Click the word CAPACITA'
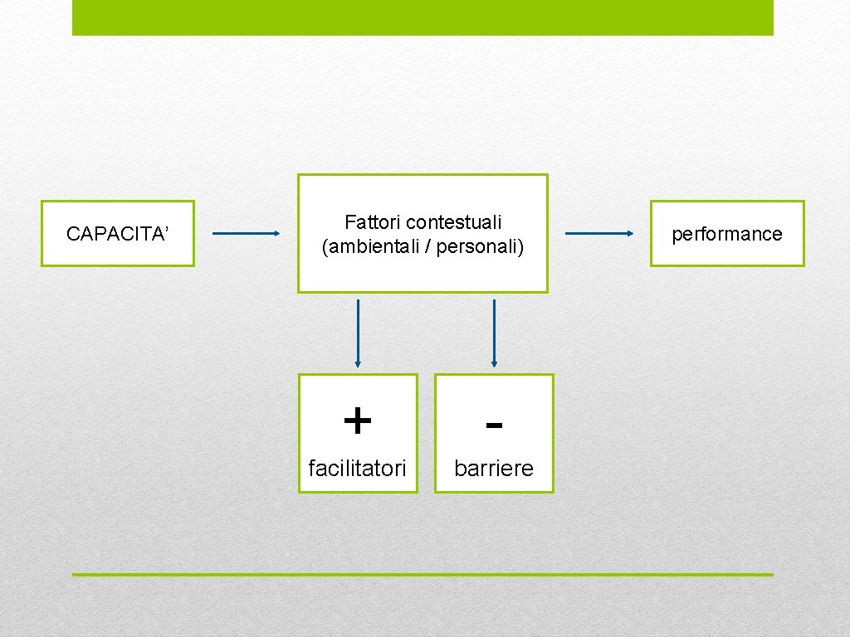118,234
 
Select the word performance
727,234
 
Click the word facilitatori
357,469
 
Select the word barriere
494,469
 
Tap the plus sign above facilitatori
357,421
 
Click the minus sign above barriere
494,425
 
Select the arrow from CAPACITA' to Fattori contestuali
247,234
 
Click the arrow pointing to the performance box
599,234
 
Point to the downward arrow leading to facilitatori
358,333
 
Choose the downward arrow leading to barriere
495,333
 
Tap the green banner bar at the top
423,17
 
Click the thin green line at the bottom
423,574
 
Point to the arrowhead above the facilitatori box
358,363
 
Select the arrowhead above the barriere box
495,363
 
